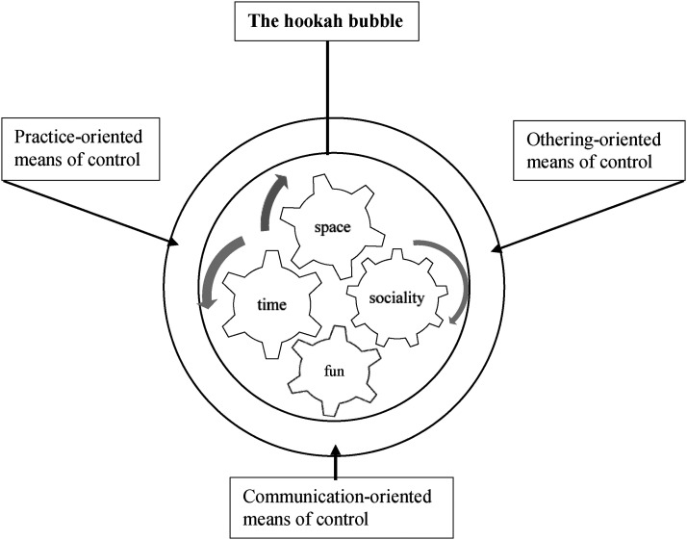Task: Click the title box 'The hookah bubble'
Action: click(x=328, y=21)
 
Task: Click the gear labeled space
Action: click(x=328, y=228)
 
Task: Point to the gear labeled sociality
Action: click(x=395, y=297)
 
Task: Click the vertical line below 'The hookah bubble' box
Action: click(x=327, y=96)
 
